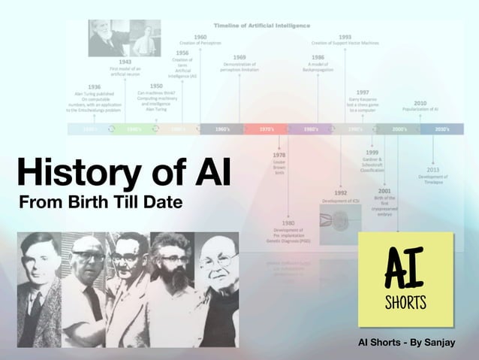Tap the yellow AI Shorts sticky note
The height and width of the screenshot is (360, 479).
pos(405,279)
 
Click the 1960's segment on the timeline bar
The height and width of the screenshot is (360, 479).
pos(222,129)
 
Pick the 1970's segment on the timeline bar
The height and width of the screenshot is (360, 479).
pos(266,129)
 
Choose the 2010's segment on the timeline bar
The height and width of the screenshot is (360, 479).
pos(442,129)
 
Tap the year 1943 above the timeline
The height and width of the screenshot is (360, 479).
pos(125,62)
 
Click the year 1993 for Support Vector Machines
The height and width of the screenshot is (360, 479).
pos(345,37)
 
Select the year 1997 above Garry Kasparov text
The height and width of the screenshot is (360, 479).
pos(363,92)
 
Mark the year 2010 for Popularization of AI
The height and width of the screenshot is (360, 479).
pos(420,103)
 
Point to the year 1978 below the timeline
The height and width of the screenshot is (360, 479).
pos(279,155)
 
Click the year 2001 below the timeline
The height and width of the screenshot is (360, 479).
pos(384,191)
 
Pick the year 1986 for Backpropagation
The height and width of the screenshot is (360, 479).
pos(318,57)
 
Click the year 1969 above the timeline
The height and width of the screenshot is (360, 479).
pos(239,57)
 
